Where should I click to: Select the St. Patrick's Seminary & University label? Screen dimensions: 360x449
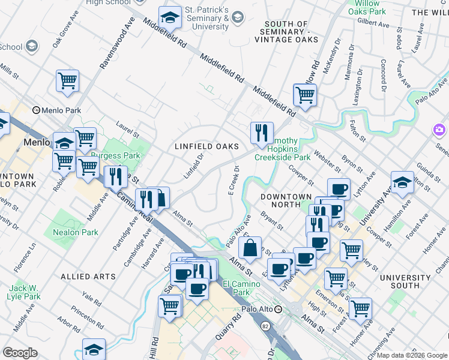pos(207,19)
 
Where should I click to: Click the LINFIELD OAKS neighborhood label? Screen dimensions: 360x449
pos(206,146)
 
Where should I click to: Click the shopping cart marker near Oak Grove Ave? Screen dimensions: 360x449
pos(67,81)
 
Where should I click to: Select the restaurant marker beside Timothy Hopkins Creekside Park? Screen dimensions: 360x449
pos(262,133)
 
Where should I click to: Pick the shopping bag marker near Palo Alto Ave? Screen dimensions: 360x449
pos(249,247)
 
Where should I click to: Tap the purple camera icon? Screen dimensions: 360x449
pos(439,130)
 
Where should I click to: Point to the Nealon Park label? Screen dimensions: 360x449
pos(75,232)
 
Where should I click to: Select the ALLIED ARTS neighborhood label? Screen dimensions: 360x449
pos(88,277)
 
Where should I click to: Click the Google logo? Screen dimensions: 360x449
pos(20,352)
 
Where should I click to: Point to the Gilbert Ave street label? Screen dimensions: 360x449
pos(373,24)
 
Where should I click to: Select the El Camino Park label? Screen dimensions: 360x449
pos(235,288)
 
